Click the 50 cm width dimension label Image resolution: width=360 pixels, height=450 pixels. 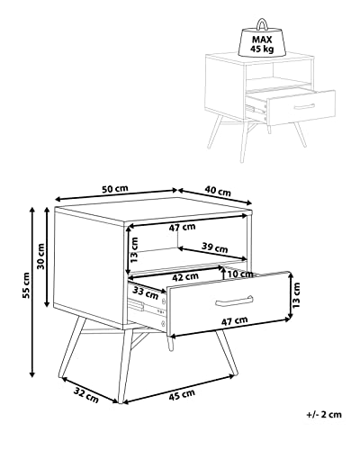(115, 189)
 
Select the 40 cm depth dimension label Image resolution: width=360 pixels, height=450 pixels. (218, 191)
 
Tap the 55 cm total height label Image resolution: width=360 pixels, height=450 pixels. (26, 285)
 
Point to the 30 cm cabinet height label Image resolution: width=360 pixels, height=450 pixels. (40, 256)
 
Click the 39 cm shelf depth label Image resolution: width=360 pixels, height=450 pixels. (214, 247)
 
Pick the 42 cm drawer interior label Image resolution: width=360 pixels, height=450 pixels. (185, 277)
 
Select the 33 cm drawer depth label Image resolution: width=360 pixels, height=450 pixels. (146, 293)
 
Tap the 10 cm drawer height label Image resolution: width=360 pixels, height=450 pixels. (240, 274)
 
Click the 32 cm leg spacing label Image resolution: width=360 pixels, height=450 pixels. (86, 395)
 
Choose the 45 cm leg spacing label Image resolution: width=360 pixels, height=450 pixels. (182, 394)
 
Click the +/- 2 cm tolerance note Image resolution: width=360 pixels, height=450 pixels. (324, 415)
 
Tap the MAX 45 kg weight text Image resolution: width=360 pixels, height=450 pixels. (262, 44)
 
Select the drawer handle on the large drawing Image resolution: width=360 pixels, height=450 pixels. (234, 301)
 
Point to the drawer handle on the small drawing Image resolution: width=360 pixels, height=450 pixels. (304, 106)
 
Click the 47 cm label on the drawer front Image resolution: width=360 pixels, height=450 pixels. (234, 321)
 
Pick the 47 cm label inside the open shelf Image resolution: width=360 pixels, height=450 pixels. (182, 228)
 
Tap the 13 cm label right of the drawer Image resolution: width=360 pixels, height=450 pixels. (296, 296)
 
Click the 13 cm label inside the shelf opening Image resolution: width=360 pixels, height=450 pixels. (134, 250)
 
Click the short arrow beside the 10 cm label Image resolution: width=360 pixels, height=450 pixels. (223, 273)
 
